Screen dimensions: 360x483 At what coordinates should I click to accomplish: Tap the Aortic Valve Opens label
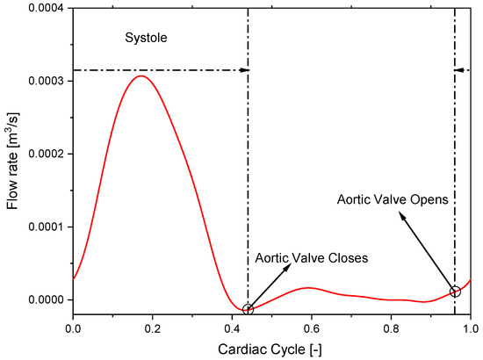pyautogui.click(x=393, y=199)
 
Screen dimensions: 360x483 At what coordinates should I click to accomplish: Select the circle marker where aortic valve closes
pyautogui.click(x=248, y=309)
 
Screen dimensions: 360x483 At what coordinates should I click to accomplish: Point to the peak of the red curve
pyautogui.click(x=141, y=76)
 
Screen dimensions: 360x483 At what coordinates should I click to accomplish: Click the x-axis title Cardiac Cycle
pyautogui.click(x=271, y=349)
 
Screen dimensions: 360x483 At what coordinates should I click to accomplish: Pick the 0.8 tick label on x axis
pyautogui.click(x=392, y=329)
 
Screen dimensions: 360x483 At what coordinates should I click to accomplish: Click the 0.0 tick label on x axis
pyautogui.click(x=73, y=329)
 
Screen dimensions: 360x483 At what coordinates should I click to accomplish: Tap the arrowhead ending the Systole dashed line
pyautogui.click(x=245, y=68)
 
